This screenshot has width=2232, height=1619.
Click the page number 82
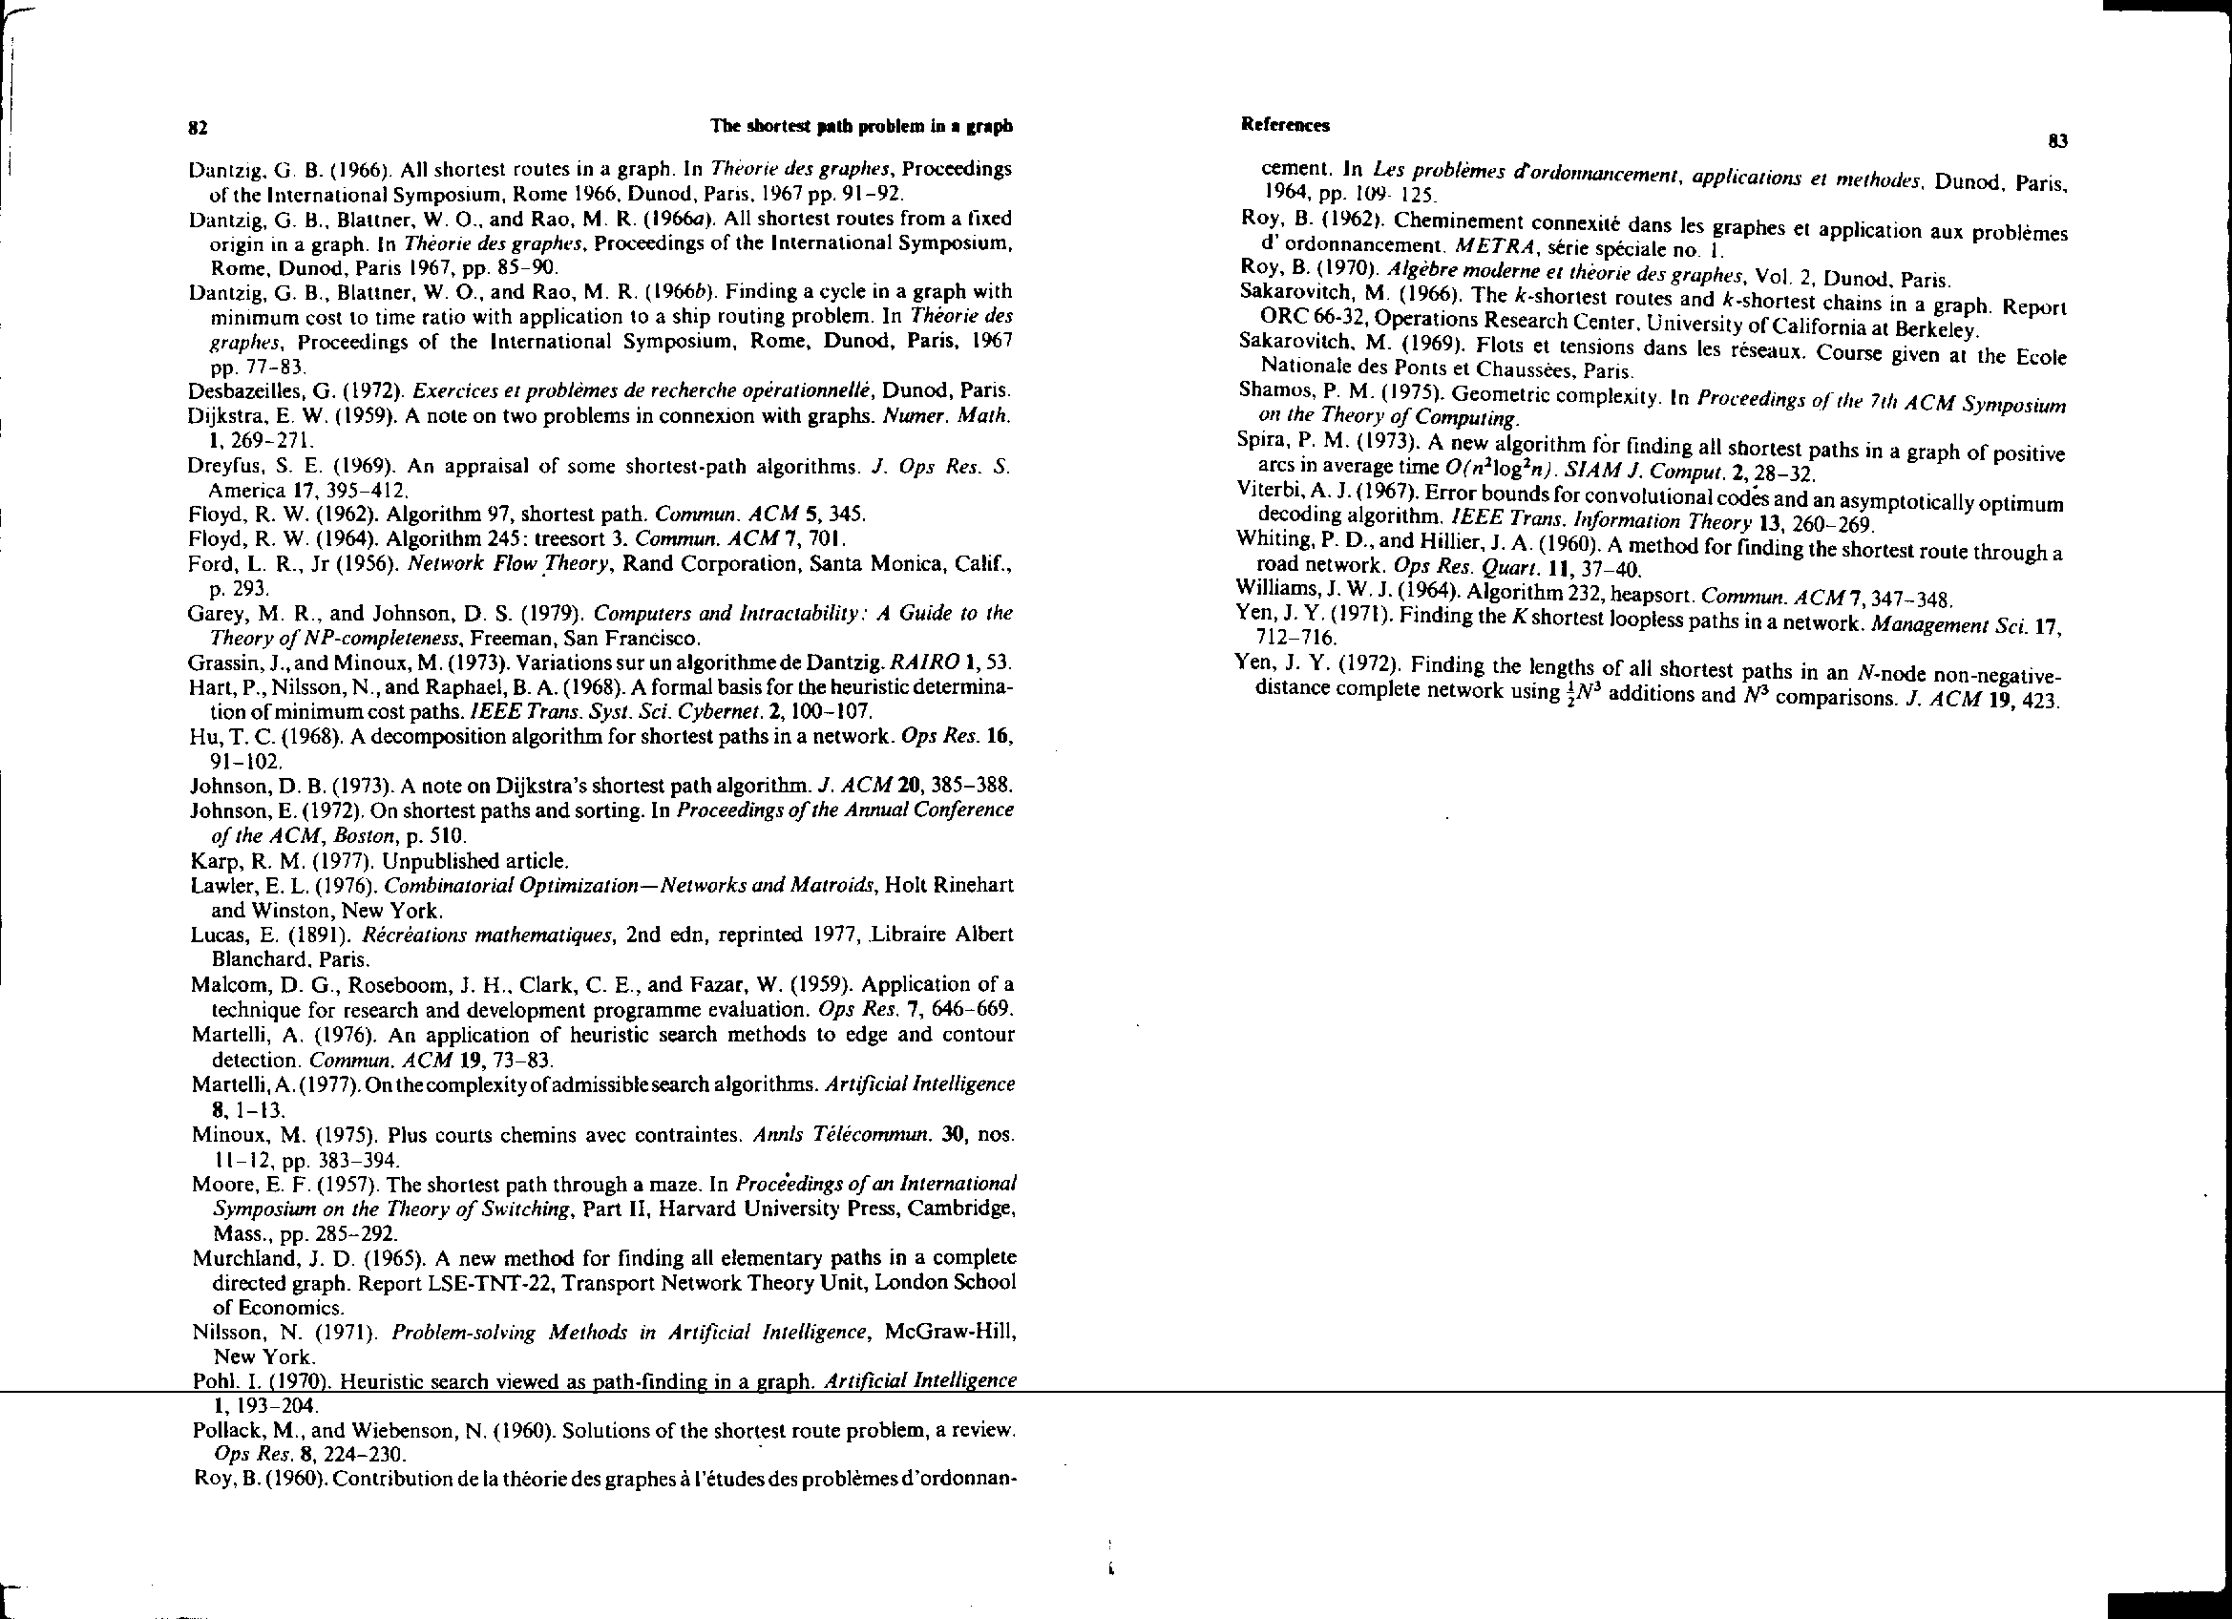pyautogui.click(x=197, y=127)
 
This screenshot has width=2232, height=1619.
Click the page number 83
pyautogui.click(x=2057, y=141)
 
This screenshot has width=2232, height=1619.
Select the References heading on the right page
pyautogui.click(x=1284, y=125)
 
